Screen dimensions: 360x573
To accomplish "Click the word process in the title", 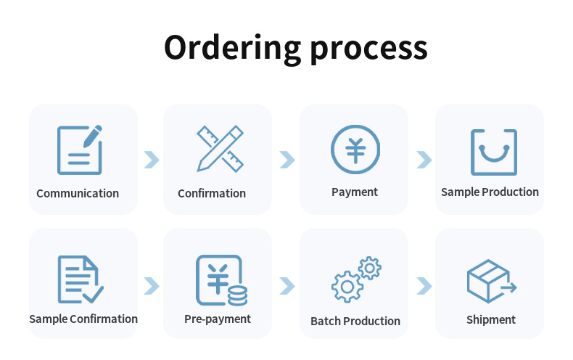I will pyautogui.click(x=368, y=48).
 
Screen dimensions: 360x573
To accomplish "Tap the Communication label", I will pyautogui.click(x=78, y=193).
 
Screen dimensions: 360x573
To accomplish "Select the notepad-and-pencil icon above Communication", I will pyautogui.click(x=80, y=150).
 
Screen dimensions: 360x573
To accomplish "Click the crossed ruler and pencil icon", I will pyautogui.click(x=220, y=149).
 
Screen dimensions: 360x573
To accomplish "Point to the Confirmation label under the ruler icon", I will pyautogui.click(x=212, y=193).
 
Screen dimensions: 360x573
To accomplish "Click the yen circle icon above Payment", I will pyautogui.click(x=355, y=150).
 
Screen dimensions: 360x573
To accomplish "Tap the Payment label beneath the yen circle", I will pyautogui.click(x=355, y=192).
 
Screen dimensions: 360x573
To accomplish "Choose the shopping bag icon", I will pyautogui.click(x=494, y=152).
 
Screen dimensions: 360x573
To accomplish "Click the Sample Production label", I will pyautogui.click(x=490, y=192).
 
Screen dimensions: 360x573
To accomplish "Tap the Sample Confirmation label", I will pyautogui.click(x=83, y=319).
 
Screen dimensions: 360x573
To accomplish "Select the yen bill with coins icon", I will pyautogui.click(x=220, y=280).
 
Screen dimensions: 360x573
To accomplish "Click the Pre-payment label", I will pyautogui.click(x=218, y=319).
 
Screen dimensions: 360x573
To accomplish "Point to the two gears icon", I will pyautogui.click(x=356, y=279).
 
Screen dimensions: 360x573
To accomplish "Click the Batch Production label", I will pyautogui.click(x=355, y=321).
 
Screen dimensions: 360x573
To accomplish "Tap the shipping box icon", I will pyautogui.click(x=491, y=282).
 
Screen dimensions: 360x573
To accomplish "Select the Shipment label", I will pyautogui.click(x=491, y=319).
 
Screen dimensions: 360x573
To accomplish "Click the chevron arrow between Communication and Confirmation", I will pyautogui.click(x=151, y=160).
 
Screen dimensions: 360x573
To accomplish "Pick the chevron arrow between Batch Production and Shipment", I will pyautogui.click(x=424, y=286).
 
